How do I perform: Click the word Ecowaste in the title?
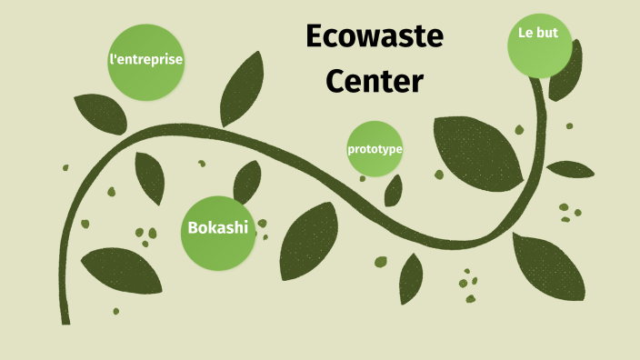(x=375, y=37)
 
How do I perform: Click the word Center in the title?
(x=375, y=82)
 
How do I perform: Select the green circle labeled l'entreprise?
(x=145, y=61)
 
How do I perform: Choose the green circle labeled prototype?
(x=375, y=148)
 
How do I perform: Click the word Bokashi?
(x=218, y=227)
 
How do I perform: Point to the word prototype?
(x=375, y=148)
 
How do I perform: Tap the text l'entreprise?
(x=145, y=60)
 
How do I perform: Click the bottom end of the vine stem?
(x=65, y=318)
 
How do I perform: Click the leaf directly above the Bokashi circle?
(x=247, y=182)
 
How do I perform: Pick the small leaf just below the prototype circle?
(x=394, y=190)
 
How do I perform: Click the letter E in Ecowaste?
(x=315, y=37)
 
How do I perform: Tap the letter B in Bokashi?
(x=193, y=227)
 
